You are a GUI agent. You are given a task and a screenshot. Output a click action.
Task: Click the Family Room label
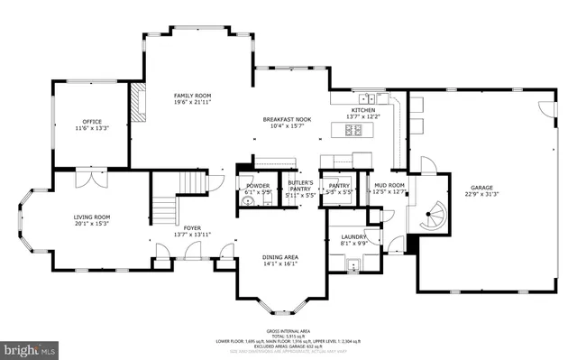(x=191, y=95)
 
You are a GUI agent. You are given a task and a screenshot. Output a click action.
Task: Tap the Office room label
(x=91, y=122)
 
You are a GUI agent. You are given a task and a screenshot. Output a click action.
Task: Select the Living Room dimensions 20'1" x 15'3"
(x=91, y=224)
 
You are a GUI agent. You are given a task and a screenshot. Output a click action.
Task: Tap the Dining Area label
(x=279, y=257)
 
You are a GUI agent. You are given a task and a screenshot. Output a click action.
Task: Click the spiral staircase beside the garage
(x=429, y=215)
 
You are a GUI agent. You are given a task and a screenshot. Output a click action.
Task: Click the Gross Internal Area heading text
(x=288, y=330)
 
